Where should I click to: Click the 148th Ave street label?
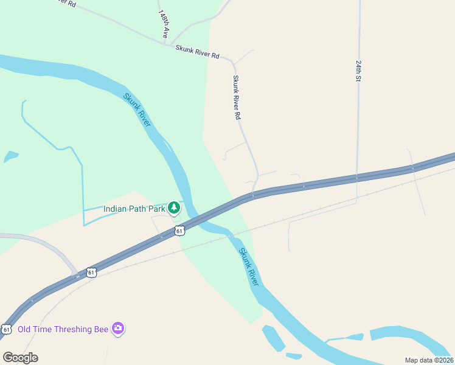(163, 24)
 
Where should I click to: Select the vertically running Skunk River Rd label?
(237, 97)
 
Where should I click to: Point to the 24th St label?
(359, 71)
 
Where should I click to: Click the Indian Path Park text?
(134, 209)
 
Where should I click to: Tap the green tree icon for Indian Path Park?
(174, 208)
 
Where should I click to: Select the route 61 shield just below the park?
(179, 231)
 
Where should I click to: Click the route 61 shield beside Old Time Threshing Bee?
(7, 329)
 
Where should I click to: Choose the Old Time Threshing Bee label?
(63, 329)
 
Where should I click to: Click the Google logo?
(20, 357)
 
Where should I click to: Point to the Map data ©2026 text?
(429, 360)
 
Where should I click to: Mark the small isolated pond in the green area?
(11, 157)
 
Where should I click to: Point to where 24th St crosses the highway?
(358, 178)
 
